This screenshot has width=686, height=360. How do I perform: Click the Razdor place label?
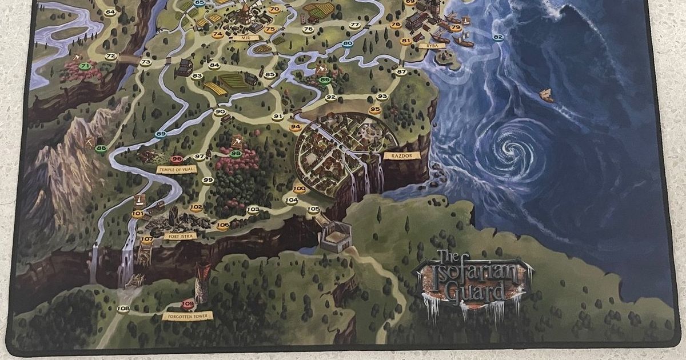(398, 155)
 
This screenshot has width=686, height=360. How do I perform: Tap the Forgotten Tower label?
(187, 315)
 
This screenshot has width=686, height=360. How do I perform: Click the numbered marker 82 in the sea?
(498, 37)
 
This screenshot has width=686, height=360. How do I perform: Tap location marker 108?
(123, 309)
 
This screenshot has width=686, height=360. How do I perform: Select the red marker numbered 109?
(187, 303)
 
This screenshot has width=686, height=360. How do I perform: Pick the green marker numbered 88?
(101, 149)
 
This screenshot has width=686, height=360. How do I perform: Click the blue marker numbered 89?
(161, 134)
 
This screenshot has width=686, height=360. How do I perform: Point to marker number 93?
(382, 97)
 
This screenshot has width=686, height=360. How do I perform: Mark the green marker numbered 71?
(85, 66)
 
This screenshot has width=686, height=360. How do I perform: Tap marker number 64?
(110, 12)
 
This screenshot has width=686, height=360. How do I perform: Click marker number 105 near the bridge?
(313, 210)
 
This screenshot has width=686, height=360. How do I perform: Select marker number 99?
(208, 181)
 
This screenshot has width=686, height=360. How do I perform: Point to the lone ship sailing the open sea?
(547, 95)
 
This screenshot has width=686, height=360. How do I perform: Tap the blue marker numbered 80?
(346, 43)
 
